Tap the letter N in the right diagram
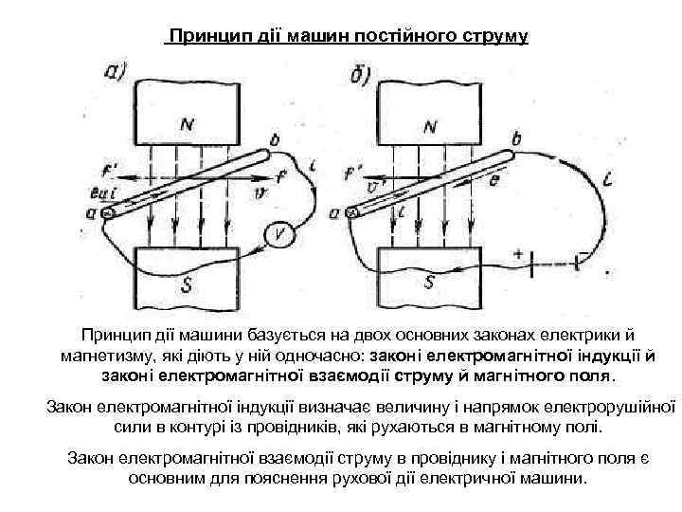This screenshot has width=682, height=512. point(431,126)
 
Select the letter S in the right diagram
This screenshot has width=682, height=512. point(431,282)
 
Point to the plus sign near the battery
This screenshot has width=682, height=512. point(517,253)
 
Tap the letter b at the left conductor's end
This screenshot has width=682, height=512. point(275,141)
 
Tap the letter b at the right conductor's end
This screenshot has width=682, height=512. point(515,139)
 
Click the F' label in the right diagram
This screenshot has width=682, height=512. point(354,174)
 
